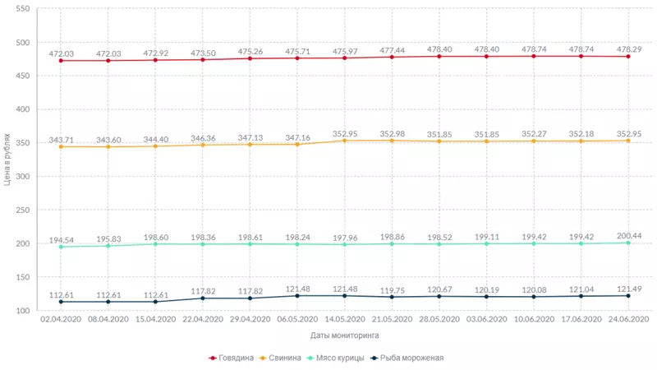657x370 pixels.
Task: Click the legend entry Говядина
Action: coord(234,358)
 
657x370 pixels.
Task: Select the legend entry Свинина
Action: coord(283,358)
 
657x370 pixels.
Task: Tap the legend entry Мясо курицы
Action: coord(338,358)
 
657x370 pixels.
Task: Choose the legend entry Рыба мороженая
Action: coord(409,358)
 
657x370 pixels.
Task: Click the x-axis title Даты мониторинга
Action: coord(345,335)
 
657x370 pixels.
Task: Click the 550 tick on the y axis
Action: coord(22,9)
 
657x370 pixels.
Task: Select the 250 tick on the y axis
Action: coord(22,210)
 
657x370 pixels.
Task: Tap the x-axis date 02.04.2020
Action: coord(61,319)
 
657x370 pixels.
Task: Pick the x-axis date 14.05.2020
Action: coord(345,319)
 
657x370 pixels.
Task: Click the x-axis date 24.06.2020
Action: coord(628,319)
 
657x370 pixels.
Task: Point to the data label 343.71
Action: coord(61,139)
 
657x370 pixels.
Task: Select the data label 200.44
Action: coord(628,235)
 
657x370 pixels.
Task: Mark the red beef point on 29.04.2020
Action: coord(250,58)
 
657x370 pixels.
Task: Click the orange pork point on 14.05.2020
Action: coord(345,141)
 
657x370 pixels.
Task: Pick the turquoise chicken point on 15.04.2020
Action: coord(155,244)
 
